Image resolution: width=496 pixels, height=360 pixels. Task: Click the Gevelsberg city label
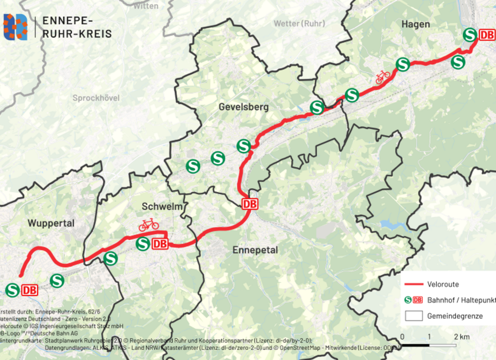(244, 107)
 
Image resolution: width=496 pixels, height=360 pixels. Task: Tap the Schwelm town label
(163, 207)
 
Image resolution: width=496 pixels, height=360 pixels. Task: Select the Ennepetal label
(255, 250)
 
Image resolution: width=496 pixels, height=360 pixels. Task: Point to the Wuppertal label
(51, 223)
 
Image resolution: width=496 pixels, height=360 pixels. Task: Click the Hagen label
(415, 24)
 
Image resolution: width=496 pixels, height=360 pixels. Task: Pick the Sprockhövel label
(96, 98)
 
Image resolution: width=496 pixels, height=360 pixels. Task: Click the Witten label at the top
(146, 6)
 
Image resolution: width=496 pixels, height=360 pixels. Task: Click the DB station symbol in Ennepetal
(250, 204)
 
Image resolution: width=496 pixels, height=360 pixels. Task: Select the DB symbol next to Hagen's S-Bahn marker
(486, 35)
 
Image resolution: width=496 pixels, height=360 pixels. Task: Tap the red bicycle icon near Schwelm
(148, 224)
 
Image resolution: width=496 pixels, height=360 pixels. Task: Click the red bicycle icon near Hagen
(382, 77)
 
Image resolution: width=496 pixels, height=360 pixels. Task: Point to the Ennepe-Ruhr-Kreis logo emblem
(15, 27)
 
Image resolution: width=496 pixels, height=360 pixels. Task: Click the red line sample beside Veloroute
(414, 284)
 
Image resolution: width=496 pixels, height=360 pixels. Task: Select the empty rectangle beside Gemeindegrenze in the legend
(414, 316)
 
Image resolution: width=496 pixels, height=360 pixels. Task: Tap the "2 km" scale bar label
(462, 336)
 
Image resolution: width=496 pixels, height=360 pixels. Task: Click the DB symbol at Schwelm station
(160, 244)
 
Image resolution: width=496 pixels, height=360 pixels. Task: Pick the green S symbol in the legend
(408, 300)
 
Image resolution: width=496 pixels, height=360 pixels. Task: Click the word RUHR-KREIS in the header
(77, 33)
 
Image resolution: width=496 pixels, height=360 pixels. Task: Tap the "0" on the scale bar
(402, 336)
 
